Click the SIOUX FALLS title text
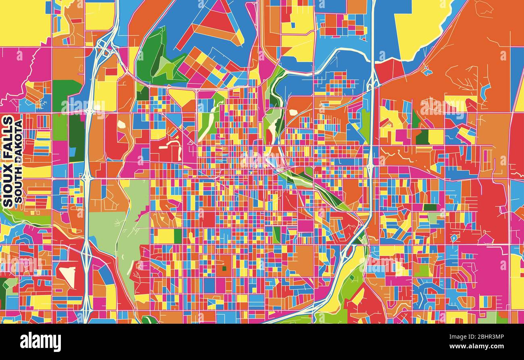[x=8, y=161]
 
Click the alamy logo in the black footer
[x=41, y=342]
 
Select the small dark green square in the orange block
[x=224, y=268]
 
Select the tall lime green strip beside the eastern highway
[x=365, y=123]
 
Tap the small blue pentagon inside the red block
[x=454, y=238]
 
